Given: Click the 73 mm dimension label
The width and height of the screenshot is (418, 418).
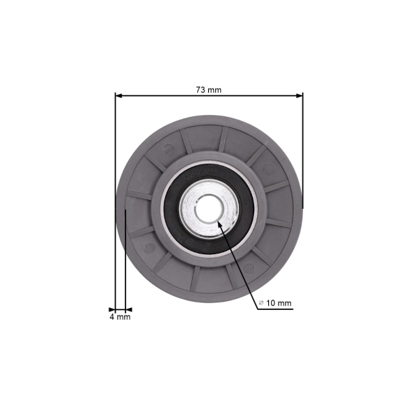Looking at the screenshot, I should [x=208, y=90].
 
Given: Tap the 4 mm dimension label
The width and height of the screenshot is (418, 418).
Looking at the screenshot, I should [x=120, y=317].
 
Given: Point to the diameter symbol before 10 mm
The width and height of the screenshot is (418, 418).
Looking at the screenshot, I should [x=261, y=304].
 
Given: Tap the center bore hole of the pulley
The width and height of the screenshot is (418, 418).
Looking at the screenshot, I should [x=208, y=208].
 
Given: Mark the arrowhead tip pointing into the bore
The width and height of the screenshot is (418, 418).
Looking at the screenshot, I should [x=220, y=224].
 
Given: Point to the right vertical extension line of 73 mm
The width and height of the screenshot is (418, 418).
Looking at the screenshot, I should [x=304, y=153].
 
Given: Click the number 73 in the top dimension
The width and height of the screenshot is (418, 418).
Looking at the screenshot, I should [x=201, y=90].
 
